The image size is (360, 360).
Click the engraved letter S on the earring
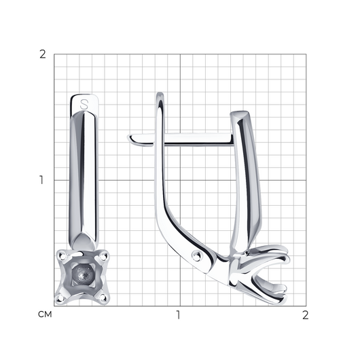tap(84, 105)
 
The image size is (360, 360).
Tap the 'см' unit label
tap(45, 314)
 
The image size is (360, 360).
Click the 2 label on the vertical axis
tap(43, 54)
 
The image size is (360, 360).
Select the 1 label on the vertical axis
tap(41, 180)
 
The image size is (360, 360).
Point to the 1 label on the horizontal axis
tap(178, 315)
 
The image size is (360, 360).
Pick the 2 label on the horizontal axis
tap(305, 315)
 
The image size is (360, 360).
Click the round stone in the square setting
tap(83, 274)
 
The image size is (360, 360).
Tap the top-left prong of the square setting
tap(62, 255)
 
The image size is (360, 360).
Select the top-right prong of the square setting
tap(103, 255)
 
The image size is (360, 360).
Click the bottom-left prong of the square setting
tap(60, 298)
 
